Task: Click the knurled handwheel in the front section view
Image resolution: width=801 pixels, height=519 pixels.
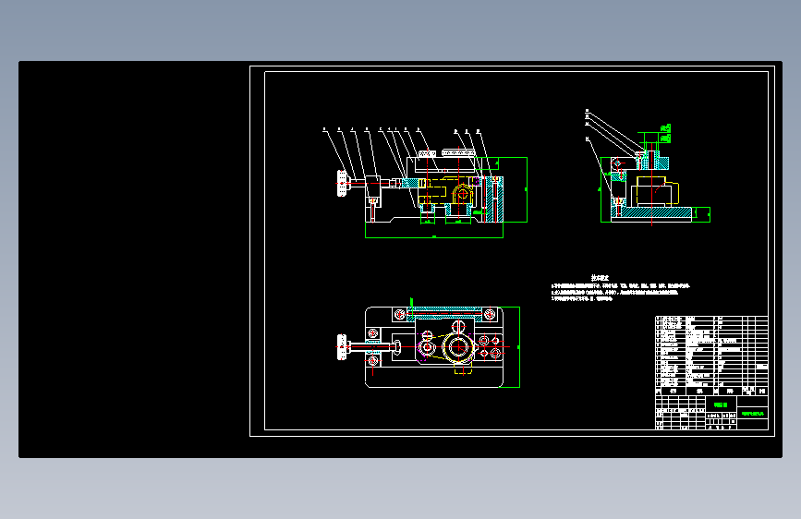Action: pos(343,182)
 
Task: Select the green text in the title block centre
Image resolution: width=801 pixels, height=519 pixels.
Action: pos(721,404)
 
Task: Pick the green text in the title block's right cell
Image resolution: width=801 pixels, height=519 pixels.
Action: pos(752,413)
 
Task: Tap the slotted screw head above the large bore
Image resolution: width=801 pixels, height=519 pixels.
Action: pos(458,326)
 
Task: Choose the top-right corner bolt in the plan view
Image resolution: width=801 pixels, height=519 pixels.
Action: pos(491,316)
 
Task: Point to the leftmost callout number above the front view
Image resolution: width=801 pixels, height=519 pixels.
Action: pos(324,130)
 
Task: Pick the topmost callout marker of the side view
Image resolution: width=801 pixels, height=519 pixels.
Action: pos(588,112)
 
